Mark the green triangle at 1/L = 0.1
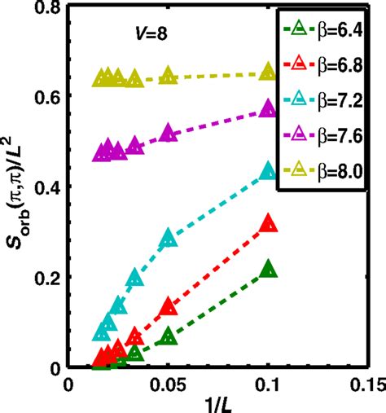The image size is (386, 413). coord(268,271)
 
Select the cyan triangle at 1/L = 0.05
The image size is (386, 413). coord(169,238)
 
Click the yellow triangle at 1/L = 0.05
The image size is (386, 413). coord(169,75)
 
